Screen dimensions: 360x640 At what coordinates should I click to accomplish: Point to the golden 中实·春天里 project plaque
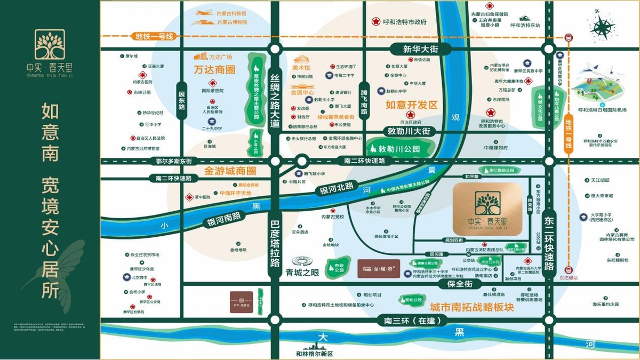click(x=487, y=209)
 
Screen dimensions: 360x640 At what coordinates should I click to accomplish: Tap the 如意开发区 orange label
click(x=411, y=105)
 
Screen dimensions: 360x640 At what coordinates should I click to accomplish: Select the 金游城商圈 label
click(x=230, y=171)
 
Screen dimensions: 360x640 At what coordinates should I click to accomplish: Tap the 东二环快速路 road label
click(x=549, y=243)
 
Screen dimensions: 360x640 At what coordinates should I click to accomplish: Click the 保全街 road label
click(x=456, y=285)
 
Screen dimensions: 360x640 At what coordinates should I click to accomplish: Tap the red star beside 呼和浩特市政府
click(x=376, y=22)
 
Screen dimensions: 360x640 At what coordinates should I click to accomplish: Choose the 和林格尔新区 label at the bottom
click(x=314, y=354)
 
